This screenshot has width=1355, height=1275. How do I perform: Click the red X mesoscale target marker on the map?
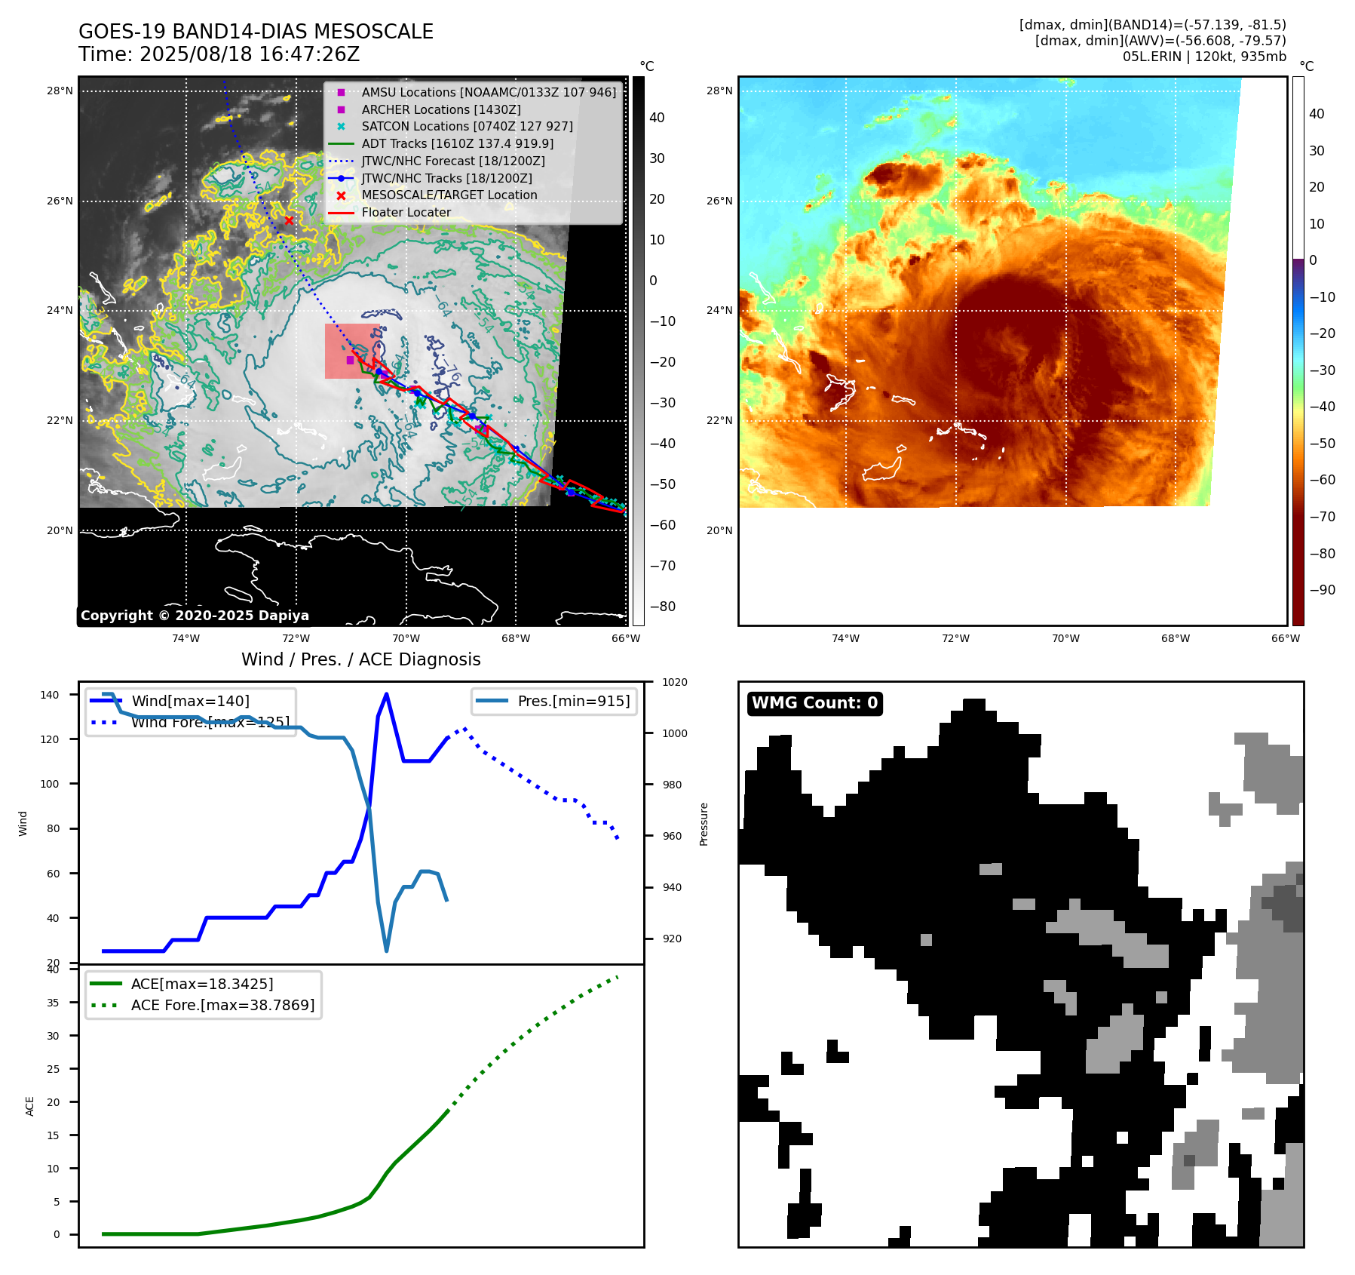click(x=289, y=220)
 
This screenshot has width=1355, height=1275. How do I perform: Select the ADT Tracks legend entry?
click(x=457, y=143)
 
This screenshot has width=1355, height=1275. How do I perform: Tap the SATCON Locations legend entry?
click(x=467, y=126)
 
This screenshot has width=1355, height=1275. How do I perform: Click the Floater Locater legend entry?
click(x=406, y=212)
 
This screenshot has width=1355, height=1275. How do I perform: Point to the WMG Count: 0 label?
click(x=814, y=703)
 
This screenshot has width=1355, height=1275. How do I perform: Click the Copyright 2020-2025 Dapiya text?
click(x=195, y=616)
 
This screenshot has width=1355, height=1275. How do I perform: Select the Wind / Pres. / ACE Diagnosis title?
click(x=360, y=659)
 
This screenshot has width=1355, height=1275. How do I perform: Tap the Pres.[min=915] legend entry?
click(x=573, y=701)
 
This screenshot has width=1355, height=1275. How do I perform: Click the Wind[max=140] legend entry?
click(x=190, y=701)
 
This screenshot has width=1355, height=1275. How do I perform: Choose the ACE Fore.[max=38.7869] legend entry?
click(x=222, y=1005)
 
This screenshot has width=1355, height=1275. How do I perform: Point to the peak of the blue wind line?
click(x=386, y=694)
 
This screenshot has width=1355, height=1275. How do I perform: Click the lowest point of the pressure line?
click(x=387, y=951)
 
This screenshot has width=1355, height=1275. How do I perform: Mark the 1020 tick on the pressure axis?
click(x=674, y=682)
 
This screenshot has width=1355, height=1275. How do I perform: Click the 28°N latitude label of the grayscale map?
click(x=60, y=91)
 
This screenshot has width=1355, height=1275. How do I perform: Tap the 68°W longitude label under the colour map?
click(x=1175, y=638)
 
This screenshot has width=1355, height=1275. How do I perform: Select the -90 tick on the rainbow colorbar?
click(x=1322, y=590)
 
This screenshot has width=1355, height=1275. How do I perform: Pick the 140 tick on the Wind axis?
click(x=49, y=695)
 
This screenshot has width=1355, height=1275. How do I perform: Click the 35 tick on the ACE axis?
click(x=53, y=1003)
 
